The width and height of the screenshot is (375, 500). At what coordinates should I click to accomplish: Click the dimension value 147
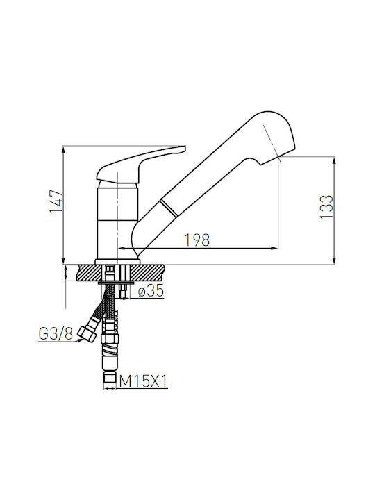[x=55, y=202]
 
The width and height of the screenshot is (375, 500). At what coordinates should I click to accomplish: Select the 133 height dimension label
[x=326, y=207]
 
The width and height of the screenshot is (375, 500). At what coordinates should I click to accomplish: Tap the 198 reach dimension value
[x=197, y=240]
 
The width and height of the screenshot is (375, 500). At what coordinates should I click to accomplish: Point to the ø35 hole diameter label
[x=151, y=290]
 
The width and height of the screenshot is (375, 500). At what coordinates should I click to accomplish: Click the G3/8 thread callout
[x=56, y=333]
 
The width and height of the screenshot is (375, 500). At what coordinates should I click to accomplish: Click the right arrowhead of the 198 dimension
[x=274, y=248]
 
